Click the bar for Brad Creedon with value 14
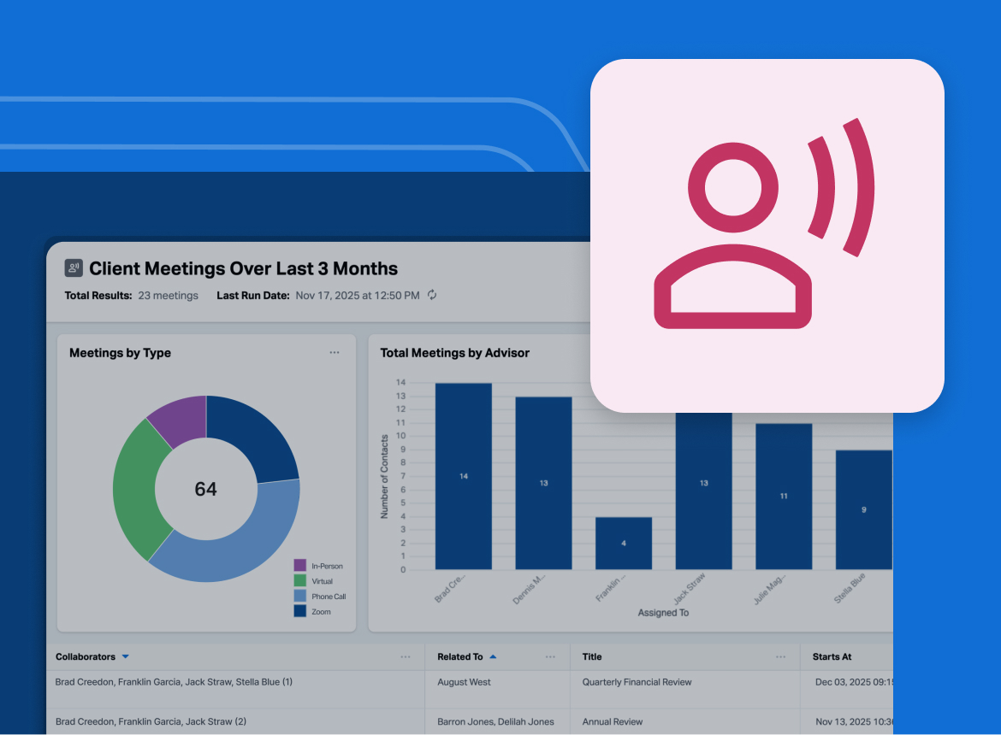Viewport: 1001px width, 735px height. (x=463, y=476)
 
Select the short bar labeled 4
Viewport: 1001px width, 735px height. (x=623, y=544)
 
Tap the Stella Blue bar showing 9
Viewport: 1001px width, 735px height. (x=863, y=509)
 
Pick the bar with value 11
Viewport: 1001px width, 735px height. (x=783, y=496)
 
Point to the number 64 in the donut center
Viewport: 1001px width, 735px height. (x=205, y=489)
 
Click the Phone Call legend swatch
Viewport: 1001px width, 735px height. (x=300, y=597)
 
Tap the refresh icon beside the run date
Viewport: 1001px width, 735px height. (x=432, y=296)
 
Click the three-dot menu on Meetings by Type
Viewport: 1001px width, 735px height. (x=335, y=353)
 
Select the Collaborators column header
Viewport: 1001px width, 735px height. (x=86, y=657)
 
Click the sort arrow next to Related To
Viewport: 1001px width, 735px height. (x=493, y=657)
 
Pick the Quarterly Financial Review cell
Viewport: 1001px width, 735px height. (x=637, y=682)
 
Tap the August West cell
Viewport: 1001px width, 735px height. (x=464, y=682)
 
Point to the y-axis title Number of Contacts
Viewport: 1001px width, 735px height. (x=384, y=475)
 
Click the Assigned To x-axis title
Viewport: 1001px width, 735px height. (x=663, y=613)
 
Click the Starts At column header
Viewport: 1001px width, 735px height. (x=832, y=657)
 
